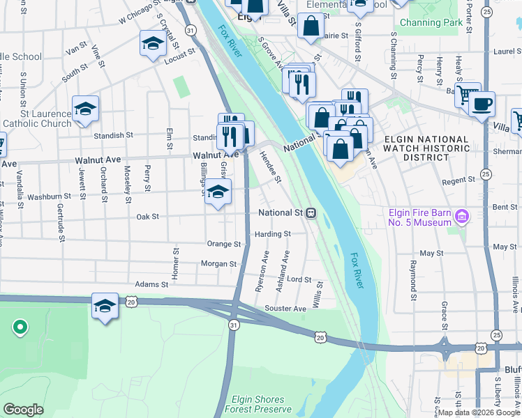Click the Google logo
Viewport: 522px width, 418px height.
[x=24, y=410]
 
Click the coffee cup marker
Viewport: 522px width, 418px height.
[x=482, y=105]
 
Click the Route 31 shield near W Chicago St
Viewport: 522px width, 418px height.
[x=190, y=30]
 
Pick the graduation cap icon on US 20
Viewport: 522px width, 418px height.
[x=105, y=306]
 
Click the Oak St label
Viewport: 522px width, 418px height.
[x=147, y=217]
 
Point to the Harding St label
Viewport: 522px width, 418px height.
[x=272, y=234]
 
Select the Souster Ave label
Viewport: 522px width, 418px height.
[x=285, y=309]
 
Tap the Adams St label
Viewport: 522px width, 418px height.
[x=151, y=284]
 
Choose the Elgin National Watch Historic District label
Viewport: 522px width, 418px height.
[x=426, y=148]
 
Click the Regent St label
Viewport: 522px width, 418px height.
[x=458, y=180]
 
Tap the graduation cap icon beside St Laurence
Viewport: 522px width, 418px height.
[x=85, y=109]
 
